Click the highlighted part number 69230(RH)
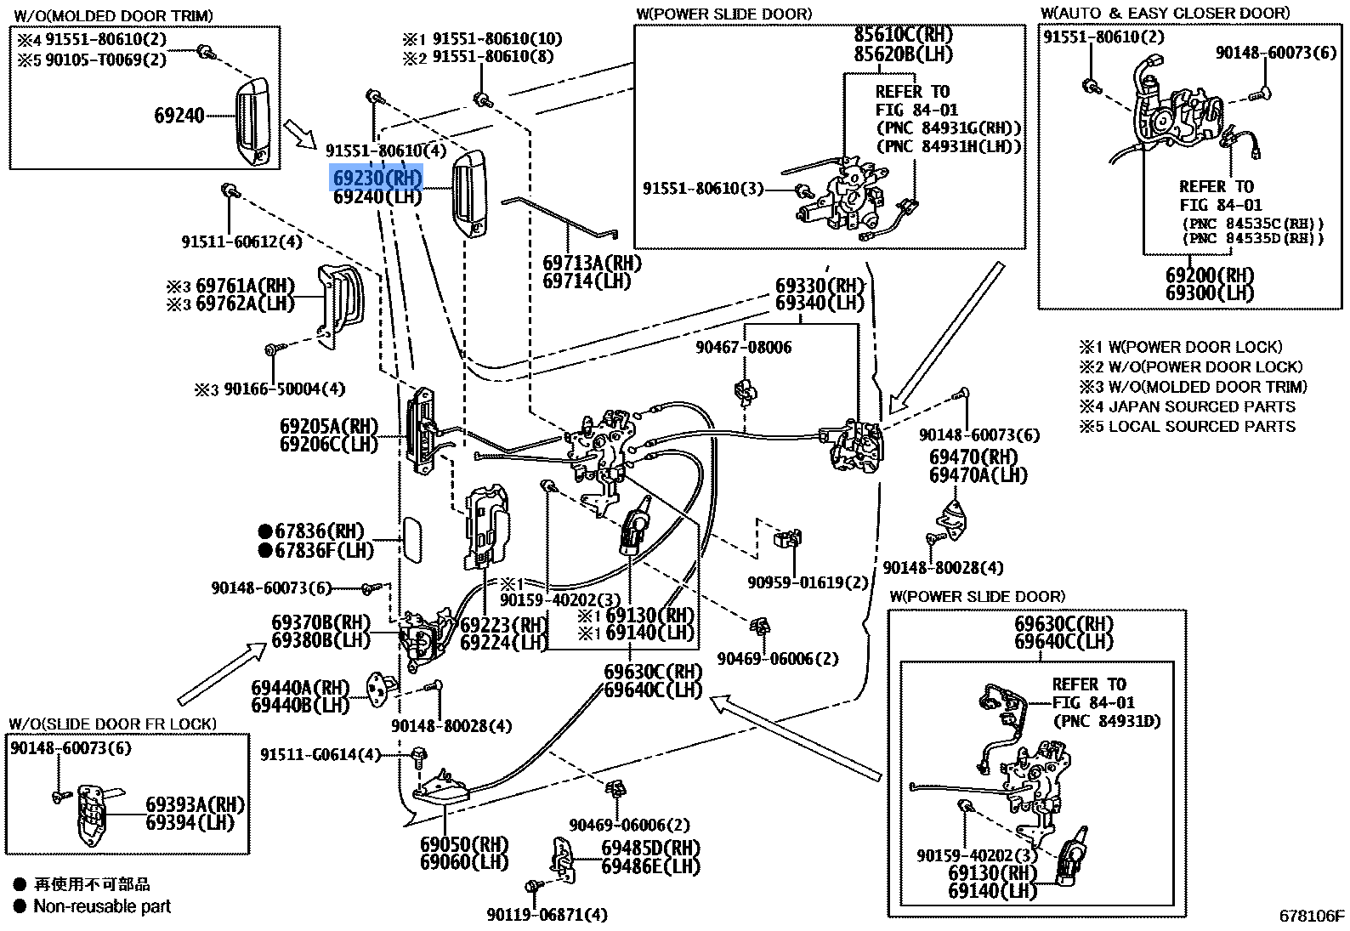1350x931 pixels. coord(377,178)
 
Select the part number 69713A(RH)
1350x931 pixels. coord(592,264)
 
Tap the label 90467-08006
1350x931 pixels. coord(744,347)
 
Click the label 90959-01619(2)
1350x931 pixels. coord(808,582)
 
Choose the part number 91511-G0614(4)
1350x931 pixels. coord(320,754)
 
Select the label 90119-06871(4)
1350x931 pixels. coord(547,915)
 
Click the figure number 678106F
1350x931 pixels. coord(1312,916)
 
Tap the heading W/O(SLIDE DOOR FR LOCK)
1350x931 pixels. coord(113,724)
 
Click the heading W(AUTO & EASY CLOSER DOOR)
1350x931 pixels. coord(1166,14)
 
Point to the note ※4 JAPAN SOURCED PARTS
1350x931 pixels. coord(1188,406)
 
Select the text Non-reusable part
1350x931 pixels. coord(102,906)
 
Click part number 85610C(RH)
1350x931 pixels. coord(904,34)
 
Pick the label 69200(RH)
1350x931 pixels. coord(1210,275)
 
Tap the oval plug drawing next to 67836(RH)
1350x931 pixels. coord(412,540)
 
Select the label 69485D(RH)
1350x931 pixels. coord(651,849)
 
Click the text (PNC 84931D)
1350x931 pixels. coord(1107,721)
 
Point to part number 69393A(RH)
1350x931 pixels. coord(196,805)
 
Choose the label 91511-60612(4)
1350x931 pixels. coord(241,241)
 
